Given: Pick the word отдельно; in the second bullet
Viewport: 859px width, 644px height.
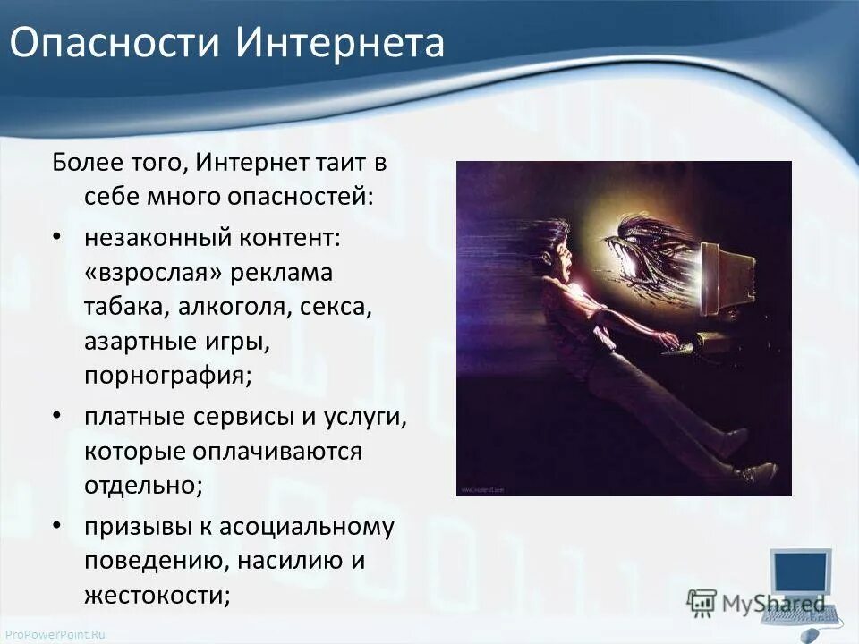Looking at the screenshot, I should [x=143, y=485].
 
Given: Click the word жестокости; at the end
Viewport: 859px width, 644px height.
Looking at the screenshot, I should [x=157, y=595].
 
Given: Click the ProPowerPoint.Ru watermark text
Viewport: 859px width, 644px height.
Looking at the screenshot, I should [x=54, y=634].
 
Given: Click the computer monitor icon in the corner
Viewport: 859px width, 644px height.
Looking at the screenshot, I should [x=801, y=572].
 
